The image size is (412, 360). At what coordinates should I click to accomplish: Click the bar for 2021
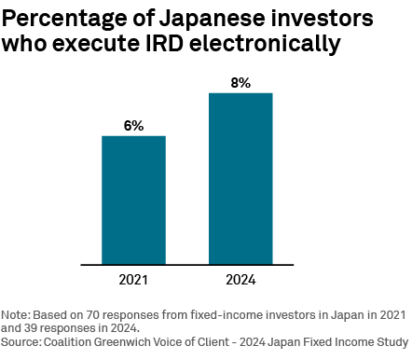point(133,200)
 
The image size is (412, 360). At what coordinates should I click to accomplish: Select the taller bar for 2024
point(240,178)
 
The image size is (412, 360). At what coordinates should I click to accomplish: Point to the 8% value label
point(240,83)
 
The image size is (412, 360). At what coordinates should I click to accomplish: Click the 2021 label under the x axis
point(133,280)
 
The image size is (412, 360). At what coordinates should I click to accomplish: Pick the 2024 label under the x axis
point(240,280)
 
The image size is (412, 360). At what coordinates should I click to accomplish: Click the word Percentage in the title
point(71,18)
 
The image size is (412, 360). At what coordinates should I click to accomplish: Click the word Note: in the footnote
point(17,315)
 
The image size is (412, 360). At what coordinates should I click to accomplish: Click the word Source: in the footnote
point(22,341)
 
